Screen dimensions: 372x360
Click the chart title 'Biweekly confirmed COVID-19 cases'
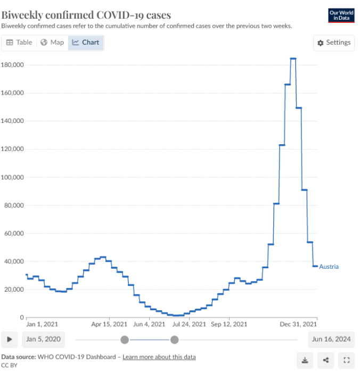point(86,14)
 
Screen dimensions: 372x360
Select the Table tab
point(19,43)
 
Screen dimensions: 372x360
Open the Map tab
point(52,43)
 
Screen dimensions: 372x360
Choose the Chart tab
point(86,43)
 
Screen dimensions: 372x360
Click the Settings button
point(334,43)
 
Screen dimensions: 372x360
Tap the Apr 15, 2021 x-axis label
point(109,324)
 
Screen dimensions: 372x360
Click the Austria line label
point(329,267)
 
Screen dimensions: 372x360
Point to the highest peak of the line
point(293,59)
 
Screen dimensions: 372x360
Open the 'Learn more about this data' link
point(159,357)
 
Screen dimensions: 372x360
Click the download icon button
point(305,360)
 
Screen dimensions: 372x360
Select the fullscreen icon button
point(347,360)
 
